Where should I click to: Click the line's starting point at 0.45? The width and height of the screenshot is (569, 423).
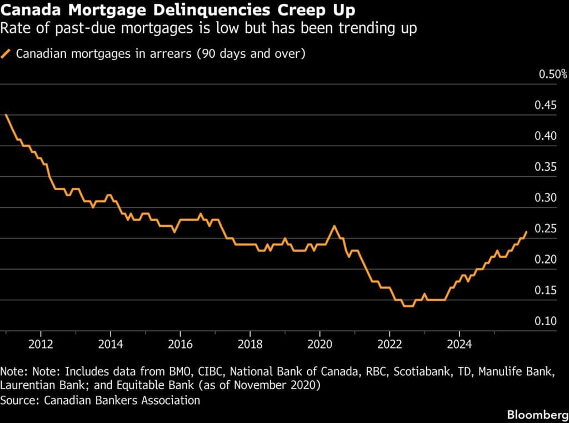click(x=6, y=115)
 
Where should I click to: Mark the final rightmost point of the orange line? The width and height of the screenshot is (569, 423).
click(x=526, y=232)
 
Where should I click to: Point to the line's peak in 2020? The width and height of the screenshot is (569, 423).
click(x=334, y=226)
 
